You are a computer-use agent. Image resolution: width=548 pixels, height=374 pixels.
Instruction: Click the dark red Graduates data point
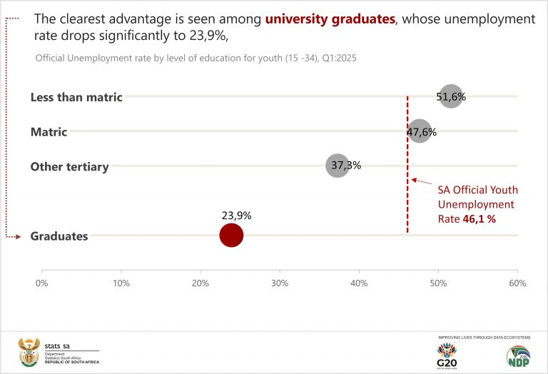231,235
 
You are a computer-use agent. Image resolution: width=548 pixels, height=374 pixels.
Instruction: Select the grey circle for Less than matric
451,96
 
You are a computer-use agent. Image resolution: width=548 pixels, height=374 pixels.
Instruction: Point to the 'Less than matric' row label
76,97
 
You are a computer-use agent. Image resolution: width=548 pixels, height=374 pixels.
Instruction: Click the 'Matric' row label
49,132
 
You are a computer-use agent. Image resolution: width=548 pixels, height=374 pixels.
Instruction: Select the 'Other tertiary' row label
69,167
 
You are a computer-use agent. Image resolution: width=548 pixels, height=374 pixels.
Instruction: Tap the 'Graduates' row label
59,236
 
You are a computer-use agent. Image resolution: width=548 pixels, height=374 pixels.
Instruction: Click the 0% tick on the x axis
41,283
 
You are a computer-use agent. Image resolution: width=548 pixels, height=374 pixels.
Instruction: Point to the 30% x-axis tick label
280,283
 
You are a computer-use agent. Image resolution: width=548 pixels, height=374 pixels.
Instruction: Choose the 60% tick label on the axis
517,283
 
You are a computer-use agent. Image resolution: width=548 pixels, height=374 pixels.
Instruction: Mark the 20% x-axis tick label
201,283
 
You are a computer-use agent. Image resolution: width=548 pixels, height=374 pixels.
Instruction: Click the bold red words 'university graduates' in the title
330,19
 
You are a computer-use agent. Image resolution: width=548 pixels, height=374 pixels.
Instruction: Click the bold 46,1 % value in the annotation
480,219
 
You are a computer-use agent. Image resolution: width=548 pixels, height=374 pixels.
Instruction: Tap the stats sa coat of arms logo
29,350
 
